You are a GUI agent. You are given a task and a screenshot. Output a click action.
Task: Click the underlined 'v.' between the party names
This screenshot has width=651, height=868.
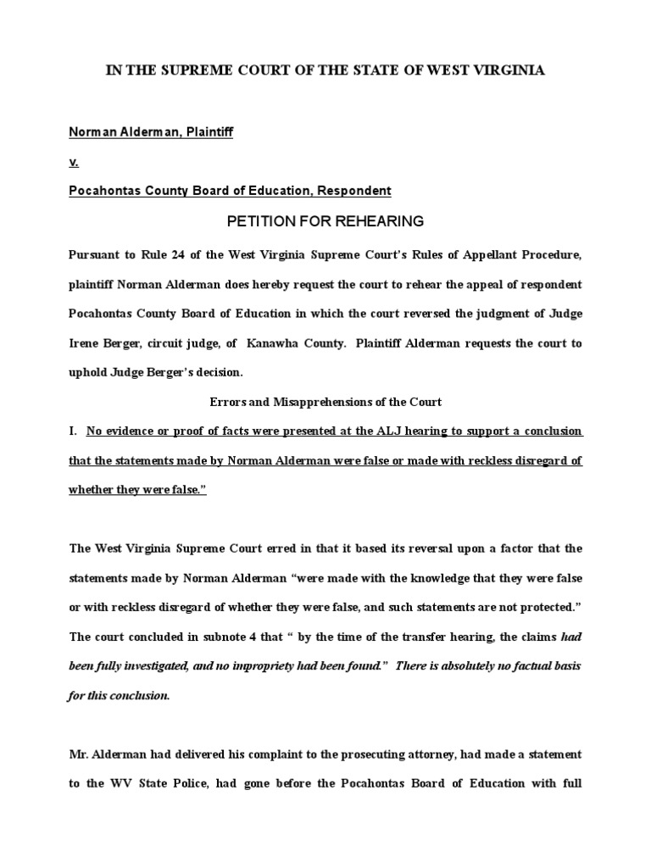[74, 162]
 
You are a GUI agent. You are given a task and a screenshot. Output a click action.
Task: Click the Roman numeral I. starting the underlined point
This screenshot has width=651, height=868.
[74, 431]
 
